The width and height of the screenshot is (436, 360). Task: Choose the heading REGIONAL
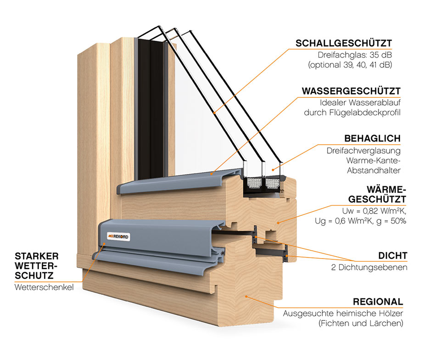[x=378, y=302]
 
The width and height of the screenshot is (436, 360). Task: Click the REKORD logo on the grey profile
[x=118, y=236]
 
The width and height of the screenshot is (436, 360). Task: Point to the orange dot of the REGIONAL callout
[x=246, y=296]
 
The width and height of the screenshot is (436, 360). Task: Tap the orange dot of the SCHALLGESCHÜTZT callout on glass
[x=214, y=112]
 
